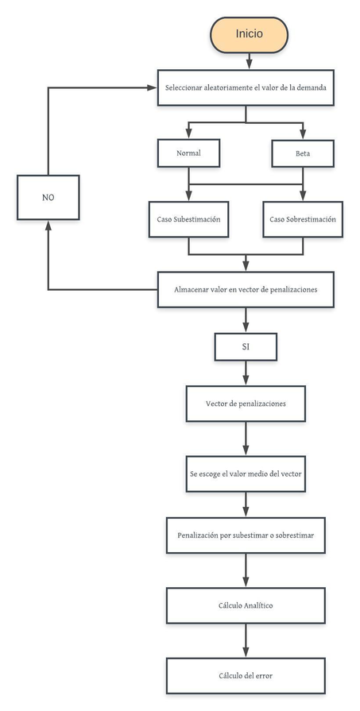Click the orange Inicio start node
(x=248, y=34)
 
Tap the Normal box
(x=188, y=153)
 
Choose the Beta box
(x=302, y=153)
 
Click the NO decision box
(x=48, y=197)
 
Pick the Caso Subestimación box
(x=188, y=218)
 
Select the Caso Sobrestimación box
(x=303, y=218)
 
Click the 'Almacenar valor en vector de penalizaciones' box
(x=246, y=290)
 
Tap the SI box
(x=246, y=346)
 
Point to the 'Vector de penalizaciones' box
(x=246, y=404)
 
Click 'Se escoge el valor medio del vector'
(x=246, y=473)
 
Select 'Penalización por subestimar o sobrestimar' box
(x=246, y=536)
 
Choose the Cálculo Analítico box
(x=246, y=605)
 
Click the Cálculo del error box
(x=246, y=675)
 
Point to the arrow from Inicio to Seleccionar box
(x=248, y=60)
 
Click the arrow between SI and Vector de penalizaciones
(x=246, y=373)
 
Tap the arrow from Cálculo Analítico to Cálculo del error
(x=246, y=640)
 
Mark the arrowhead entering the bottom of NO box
(x=48, y=225)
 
